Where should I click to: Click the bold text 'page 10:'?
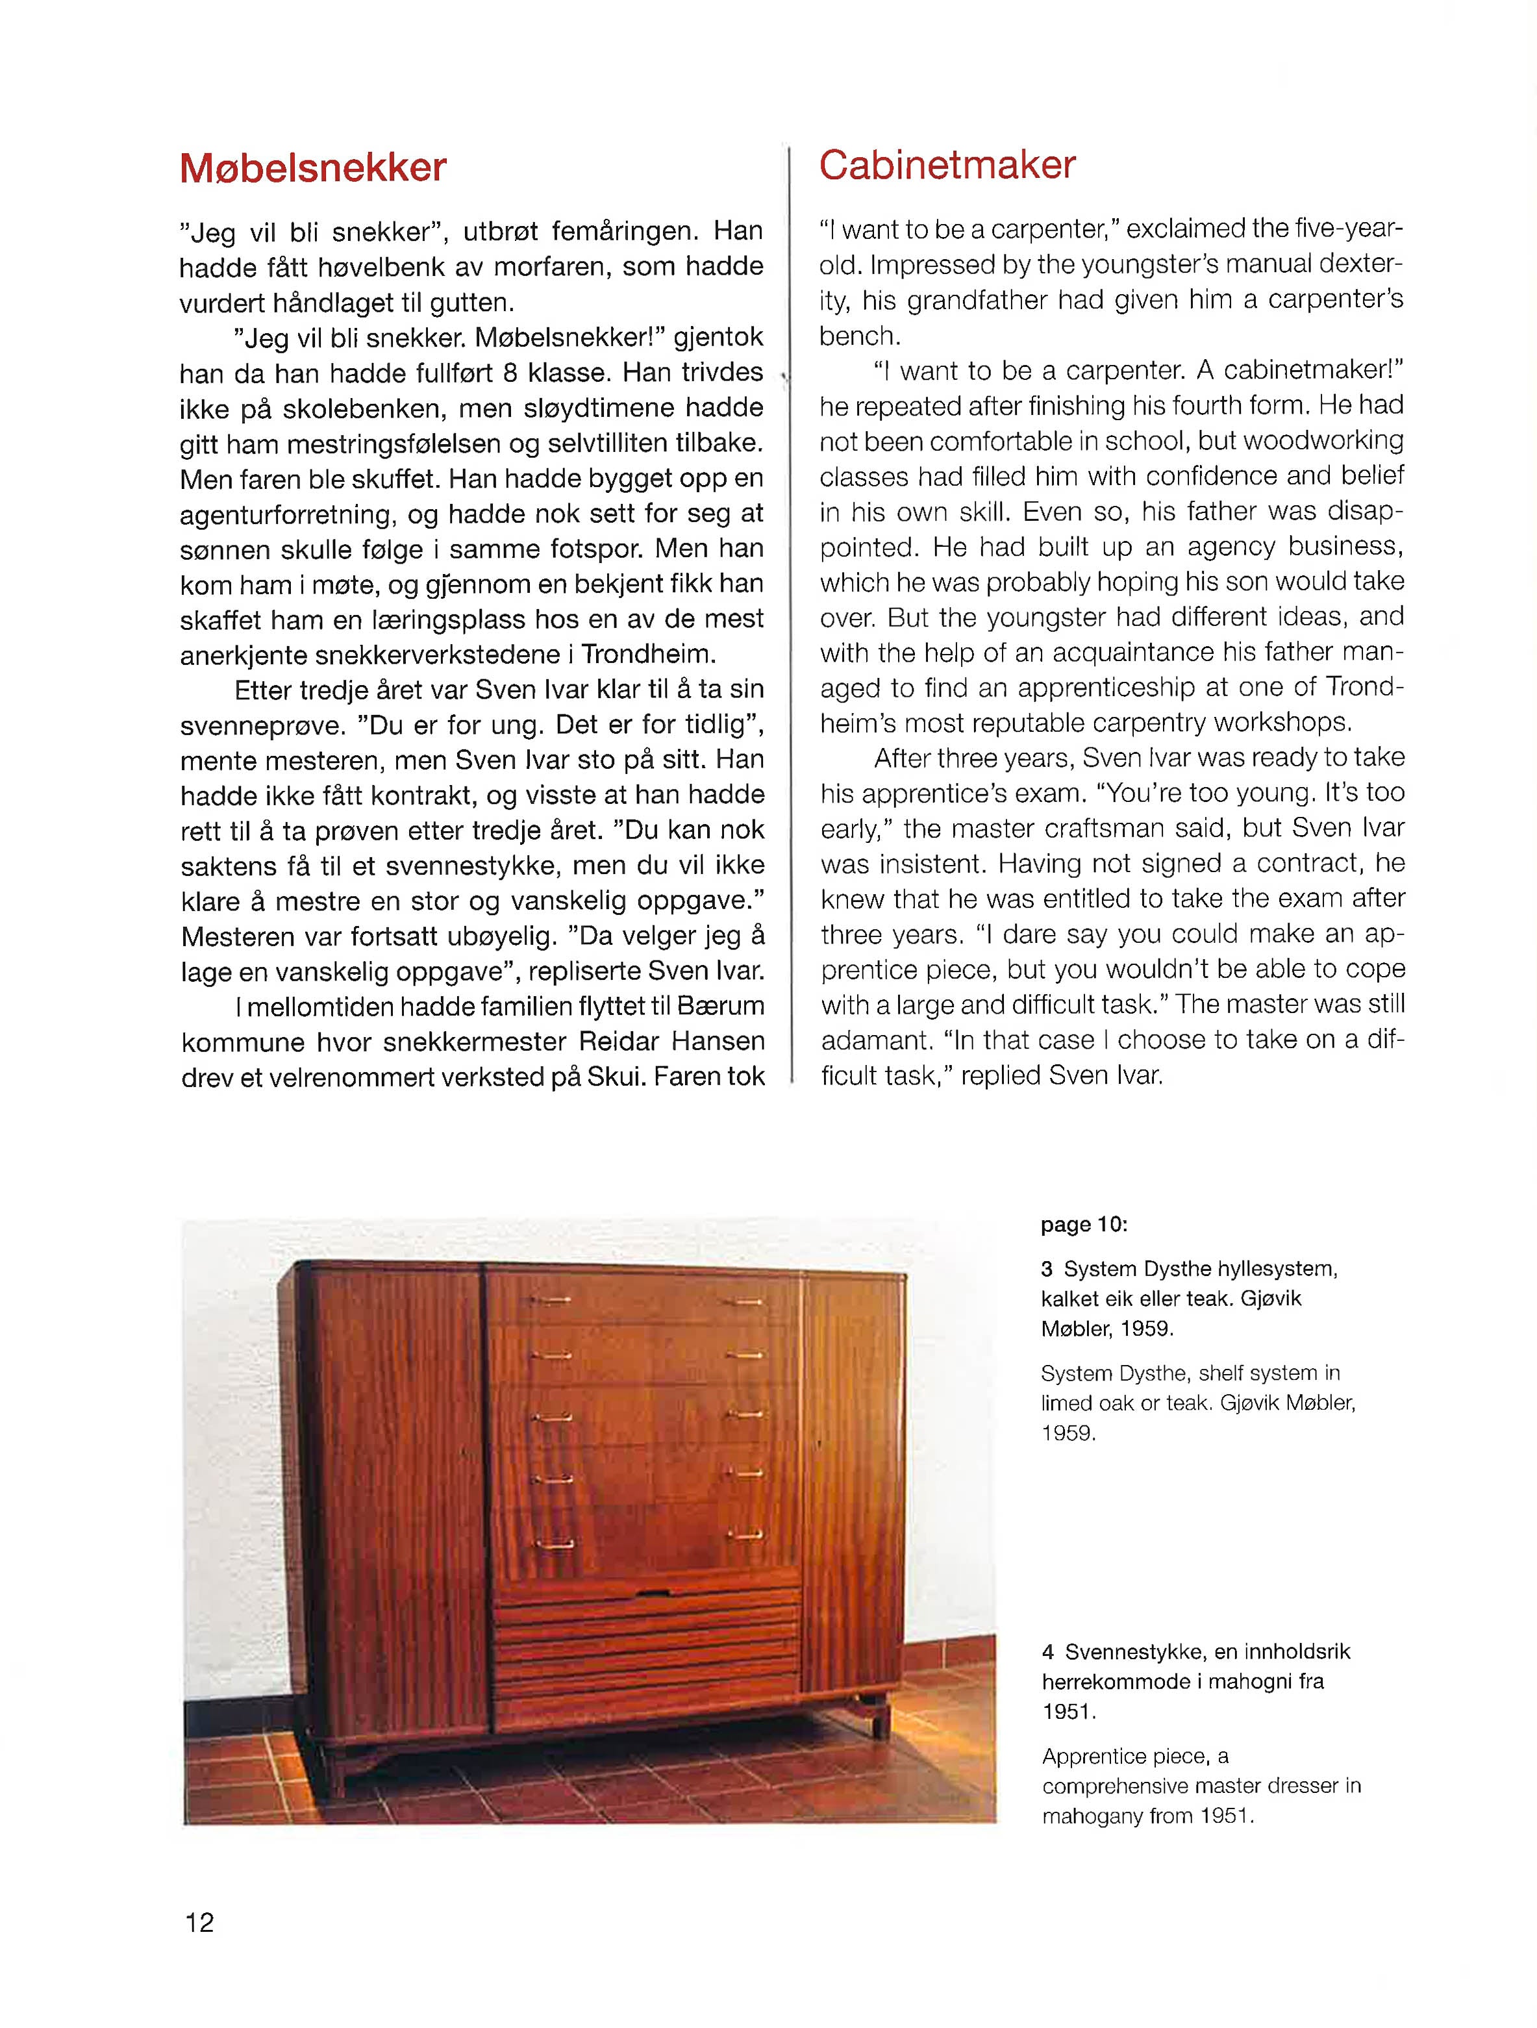(1083, 1225)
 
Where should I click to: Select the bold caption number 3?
(1047, 1270)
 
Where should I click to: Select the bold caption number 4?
(1047, 1652)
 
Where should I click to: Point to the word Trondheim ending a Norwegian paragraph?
(647, 655)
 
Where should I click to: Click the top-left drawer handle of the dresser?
(550, 1300)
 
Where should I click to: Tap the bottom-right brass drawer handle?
(748, 1534)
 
